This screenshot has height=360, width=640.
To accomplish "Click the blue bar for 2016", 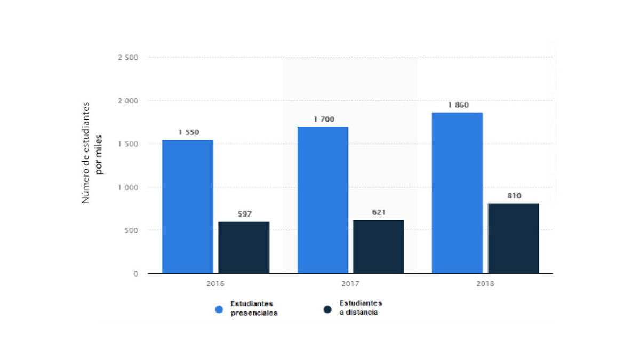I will [187, 206].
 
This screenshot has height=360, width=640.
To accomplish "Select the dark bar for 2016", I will [244, 247].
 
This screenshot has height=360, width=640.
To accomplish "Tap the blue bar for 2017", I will [323, 200].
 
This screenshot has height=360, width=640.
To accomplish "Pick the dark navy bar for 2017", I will [379, 246].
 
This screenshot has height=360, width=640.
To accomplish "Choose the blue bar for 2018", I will [457, 193].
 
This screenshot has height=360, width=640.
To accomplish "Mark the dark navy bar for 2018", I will [514, 238].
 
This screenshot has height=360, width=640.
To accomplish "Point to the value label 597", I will [244, 214].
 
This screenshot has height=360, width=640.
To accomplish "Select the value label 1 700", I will [323, 119].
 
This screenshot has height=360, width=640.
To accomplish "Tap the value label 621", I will [379, 212].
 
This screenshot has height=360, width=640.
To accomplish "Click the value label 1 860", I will [458, 105].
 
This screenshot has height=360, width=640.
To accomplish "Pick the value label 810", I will [514, 196].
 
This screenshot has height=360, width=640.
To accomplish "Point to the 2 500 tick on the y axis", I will [127, 57].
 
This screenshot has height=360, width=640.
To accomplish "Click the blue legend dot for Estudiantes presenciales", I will [219, 309].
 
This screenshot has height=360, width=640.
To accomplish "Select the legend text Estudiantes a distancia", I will [361, 308].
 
